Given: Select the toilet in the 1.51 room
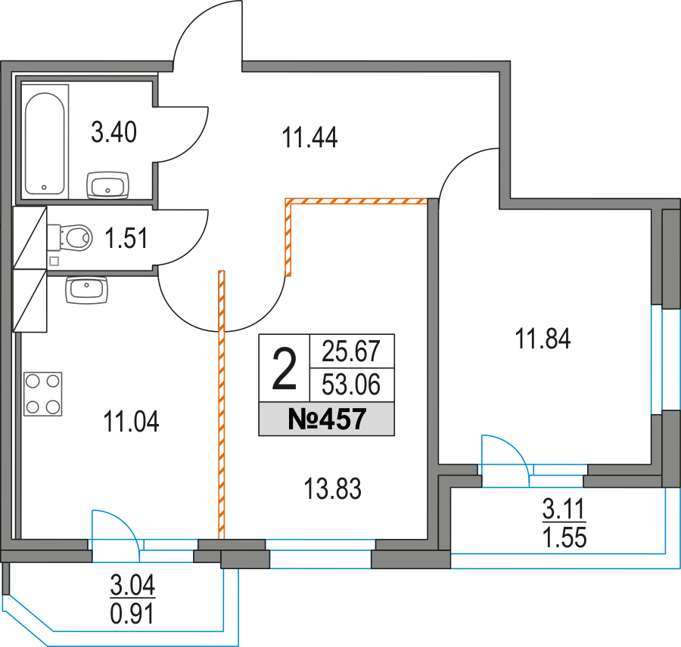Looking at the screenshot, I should click(x=72, y=237).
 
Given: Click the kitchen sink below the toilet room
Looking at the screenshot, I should click(x=87, y=289).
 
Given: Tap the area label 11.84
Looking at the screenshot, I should click(x=543, y=338).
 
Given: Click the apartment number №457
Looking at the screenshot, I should click(x=327, y=419).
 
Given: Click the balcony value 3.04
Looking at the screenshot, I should click(x=132, y=586).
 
